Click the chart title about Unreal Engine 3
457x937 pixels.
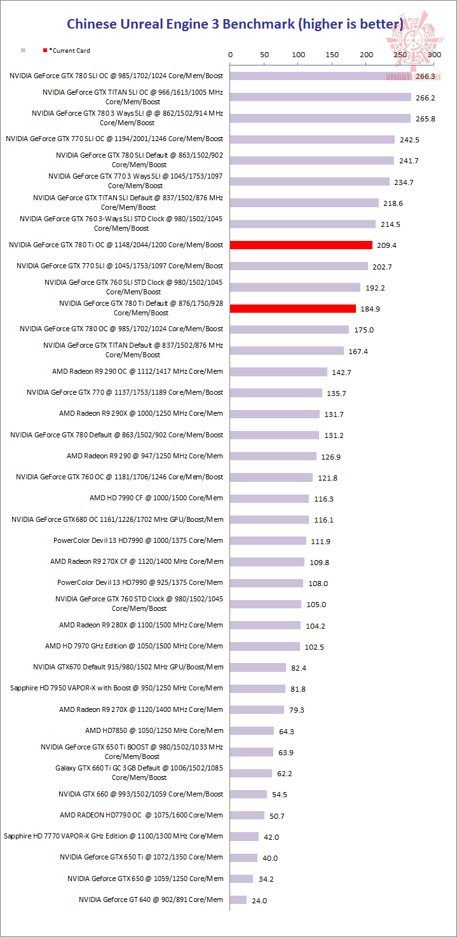coord(235,25)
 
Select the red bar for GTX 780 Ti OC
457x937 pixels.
coord(301,245)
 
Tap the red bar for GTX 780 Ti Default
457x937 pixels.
coord(293,308)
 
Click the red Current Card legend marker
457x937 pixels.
coord(45,50)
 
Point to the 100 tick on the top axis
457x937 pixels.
coord(298,55)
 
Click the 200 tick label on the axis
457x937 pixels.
coord(366,55)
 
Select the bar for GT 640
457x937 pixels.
coord(238,899)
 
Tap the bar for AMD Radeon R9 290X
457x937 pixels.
coord(275,414)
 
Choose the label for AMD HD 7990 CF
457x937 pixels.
coord(156,498)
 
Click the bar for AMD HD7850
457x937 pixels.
coord(252,730)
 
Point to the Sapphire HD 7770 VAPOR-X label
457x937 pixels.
coord(113,836)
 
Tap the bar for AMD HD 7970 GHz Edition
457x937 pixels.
coord(265,646)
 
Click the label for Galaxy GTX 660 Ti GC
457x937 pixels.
coord(139,772)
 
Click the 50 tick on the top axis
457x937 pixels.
coord(264,55)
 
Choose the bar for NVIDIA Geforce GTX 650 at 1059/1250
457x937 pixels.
coord(242,879)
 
